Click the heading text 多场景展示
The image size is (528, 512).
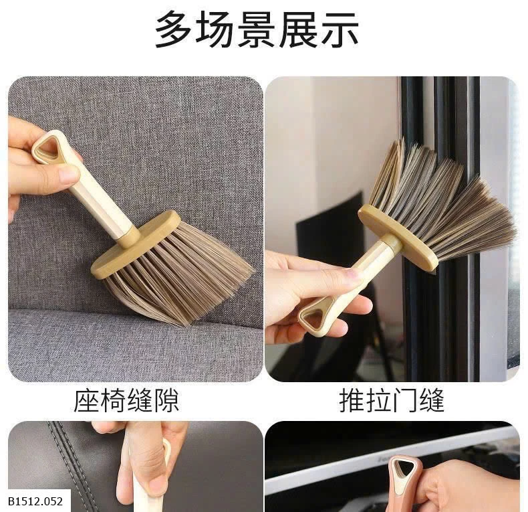coord(257,29)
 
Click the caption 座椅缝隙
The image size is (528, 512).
coord(126,401)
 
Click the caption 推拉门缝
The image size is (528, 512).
coord(392,401)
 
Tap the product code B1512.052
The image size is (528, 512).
coord(35,501)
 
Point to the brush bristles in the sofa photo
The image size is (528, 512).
coord(182,273)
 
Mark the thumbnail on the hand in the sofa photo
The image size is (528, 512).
coord(68,175)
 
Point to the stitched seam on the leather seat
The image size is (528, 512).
coord(71,465)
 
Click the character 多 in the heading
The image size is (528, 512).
coord(174,29)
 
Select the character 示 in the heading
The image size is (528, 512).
coord(340,29)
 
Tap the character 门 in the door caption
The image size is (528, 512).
coord(404,401)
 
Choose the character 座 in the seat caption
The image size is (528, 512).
coord(86,401)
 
